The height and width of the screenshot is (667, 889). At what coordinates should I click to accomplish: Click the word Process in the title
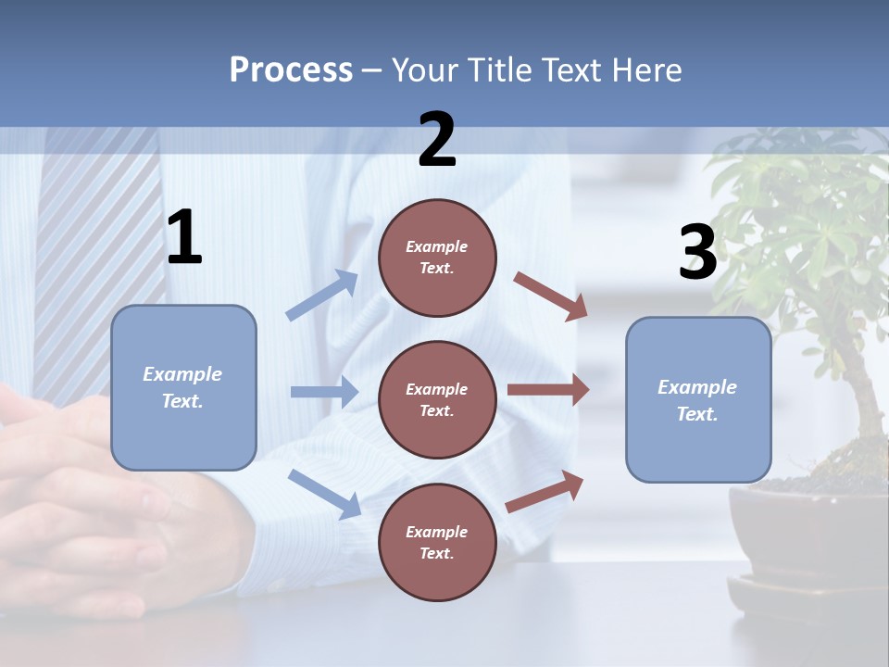tap(291, 70)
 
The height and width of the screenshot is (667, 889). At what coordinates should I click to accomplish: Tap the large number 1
tap(184, 238)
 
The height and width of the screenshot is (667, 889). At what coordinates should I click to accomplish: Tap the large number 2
tap(437, 140)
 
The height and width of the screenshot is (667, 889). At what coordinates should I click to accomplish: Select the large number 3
tap(697, 254)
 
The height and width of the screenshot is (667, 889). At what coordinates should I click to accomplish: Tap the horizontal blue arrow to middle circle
tap(324, 392)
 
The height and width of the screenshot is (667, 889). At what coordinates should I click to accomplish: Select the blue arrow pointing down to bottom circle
tap(325, 493)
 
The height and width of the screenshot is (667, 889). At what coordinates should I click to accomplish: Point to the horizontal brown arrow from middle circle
tap(547, 390)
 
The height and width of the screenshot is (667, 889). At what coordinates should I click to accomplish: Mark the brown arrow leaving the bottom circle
tap(545, 492)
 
